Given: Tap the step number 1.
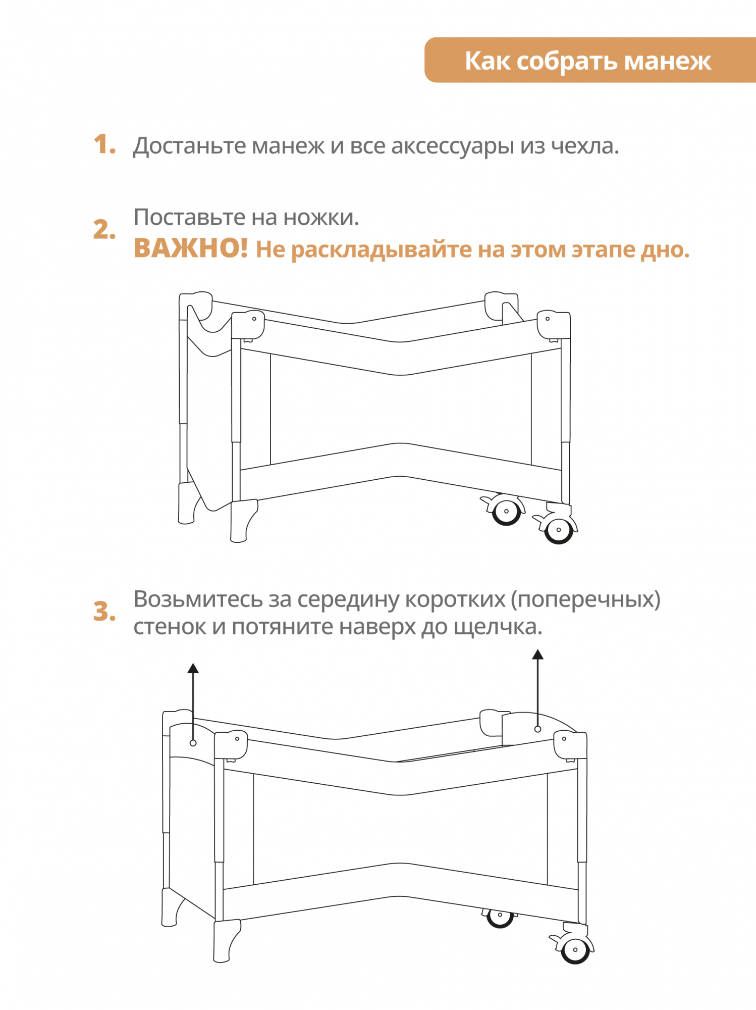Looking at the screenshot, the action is (x=104, y=145).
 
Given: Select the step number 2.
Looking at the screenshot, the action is (x=104, y=229).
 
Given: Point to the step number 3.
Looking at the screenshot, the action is (x=104, y=612).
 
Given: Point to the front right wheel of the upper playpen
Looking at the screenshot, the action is (x=559, y=530).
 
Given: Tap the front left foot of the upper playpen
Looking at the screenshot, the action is (x=243, y=521).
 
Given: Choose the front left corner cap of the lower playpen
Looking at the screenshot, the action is (x=231, y=744).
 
